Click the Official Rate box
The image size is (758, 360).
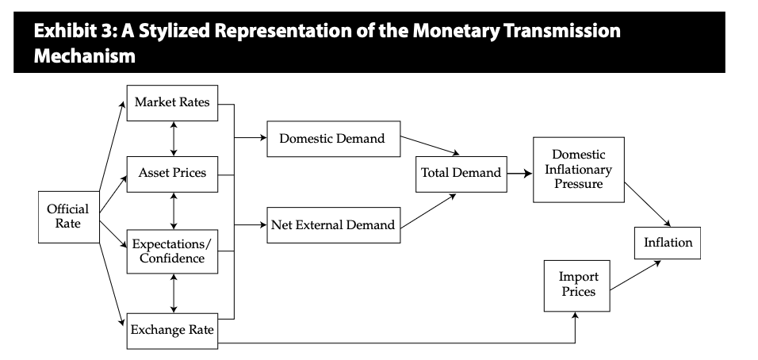[x=69, y=217]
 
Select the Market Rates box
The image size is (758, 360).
[x=172, y=103]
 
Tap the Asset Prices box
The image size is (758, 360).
[x=172, y=174]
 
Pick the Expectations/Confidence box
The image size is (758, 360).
[x=172, y=251]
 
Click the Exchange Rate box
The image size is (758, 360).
[x=172, y=331]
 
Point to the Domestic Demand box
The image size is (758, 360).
[x=334, y=139]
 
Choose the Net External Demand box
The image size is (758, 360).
[x=334, y=225]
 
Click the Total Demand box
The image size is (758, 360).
[x=461, y=174]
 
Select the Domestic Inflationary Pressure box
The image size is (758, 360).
[x=579, y=170]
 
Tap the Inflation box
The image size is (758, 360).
[x=668, y=243]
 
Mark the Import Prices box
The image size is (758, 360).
[x=576, y=286]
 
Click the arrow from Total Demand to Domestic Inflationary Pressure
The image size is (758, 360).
[x=520, y=174]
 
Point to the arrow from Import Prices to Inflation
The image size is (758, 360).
[x=635, y=275]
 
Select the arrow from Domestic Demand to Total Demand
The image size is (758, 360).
[x=430, y=145]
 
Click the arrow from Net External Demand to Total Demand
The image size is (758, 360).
[x=428, y=211]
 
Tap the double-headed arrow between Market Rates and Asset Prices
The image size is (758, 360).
[x=174, y=139]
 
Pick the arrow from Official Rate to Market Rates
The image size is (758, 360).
[x=112, y=146]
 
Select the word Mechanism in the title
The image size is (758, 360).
[x=85, y=56]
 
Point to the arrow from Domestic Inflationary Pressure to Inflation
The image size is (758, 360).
[x=648, y=205]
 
